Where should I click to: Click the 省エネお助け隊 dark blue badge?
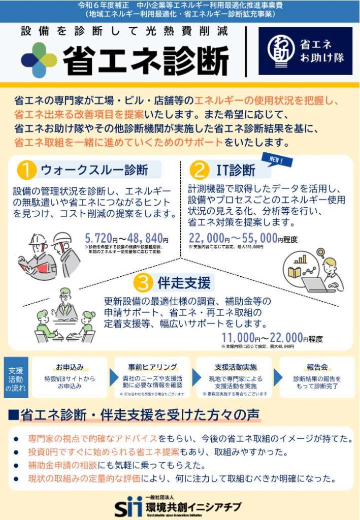(x=305, y=51)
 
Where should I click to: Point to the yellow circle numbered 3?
(x=143, y=282)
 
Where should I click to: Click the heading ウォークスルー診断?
(x=94, y=170)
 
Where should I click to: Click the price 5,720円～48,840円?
(x=126, y=238)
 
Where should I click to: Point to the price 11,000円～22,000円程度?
(x=272, y=338)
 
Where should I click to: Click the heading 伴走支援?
(x=183, y=282)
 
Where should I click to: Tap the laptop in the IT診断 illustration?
(x=317, y=284)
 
